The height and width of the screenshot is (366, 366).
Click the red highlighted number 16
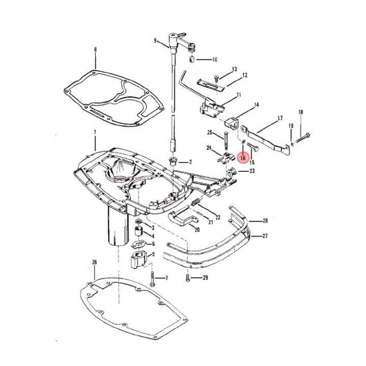tap(243, 159)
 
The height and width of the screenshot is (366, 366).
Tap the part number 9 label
tap(155, 40)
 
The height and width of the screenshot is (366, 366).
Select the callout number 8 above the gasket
tap(95, 49)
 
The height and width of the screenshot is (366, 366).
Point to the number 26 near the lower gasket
tap(94, 262)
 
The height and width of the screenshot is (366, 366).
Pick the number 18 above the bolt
tap(300, 112)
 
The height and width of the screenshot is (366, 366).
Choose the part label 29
tap(205, 278)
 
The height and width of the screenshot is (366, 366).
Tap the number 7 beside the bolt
tap(166, 278)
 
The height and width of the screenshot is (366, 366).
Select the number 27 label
tap(265, 236)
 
